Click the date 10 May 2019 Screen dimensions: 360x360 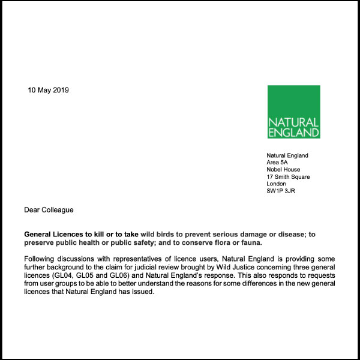point(49,91)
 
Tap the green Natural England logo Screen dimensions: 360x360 point(293,112)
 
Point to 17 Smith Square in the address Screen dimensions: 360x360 point(288,177)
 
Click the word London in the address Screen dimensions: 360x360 point(276,184)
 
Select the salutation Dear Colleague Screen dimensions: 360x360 point(49,210)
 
